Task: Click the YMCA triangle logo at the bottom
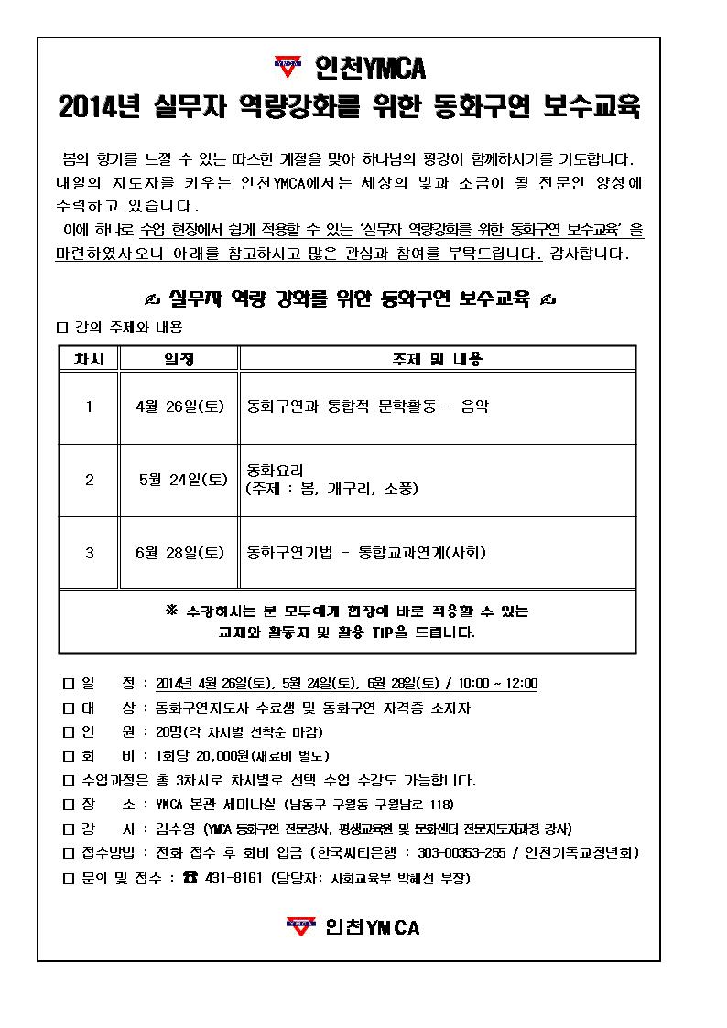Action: pos(298,926)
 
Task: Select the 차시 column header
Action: pos(89,359)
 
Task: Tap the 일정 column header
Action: pos(179,359)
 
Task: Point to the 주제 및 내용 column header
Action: pos(437,359)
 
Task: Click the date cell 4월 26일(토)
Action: pos(179,407)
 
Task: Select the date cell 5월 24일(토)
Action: pos(183,479)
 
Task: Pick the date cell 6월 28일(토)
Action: pos(179,552)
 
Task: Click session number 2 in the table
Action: pos(89,479)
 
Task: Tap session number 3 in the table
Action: pos(89,552)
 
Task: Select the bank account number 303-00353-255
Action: pos(467,852)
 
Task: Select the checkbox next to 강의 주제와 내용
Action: pos(62,327)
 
